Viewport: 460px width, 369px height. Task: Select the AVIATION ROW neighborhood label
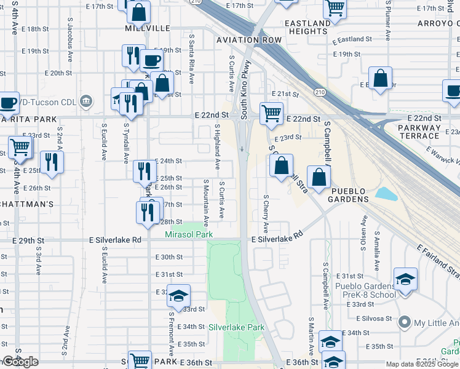(x=248, y=40)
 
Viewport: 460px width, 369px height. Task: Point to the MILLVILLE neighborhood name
(x=148, y=28)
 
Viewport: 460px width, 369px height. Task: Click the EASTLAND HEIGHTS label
(x=308, y=28)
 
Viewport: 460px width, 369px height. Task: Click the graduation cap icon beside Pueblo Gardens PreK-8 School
(x=405, y=280)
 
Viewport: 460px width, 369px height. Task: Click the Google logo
(x=20, y=362)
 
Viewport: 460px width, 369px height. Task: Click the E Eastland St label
(x=352, y=39)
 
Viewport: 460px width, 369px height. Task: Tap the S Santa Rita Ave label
(x=192, y=59)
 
